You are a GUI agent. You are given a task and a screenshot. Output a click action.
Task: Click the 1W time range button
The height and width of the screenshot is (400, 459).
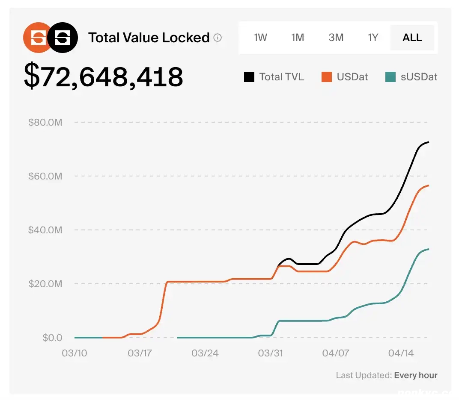click(x=260, y=38)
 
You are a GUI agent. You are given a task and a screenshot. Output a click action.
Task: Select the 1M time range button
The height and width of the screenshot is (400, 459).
click(x=298, y=38)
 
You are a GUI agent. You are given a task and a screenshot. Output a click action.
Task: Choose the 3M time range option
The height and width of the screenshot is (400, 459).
click(x=336, y=38)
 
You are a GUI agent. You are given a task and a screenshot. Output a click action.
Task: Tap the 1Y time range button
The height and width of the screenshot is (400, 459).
click(x=373, y=38)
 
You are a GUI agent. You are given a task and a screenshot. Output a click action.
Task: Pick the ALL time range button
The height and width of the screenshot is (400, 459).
click(x=412, y=38)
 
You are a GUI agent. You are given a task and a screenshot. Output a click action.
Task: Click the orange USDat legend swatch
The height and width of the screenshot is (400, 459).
click(x=327, y=77)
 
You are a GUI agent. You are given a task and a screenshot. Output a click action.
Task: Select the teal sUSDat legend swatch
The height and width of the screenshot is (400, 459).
click(x=390, y=77)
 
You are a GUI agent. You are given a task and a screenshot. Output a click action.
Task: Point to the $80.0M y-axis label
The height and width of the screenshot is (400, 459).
click(x=45, y=123)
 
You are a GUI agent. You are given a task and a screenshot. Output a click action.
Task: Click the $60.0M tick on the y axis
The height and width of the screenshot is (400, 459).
click(x=45, y=176)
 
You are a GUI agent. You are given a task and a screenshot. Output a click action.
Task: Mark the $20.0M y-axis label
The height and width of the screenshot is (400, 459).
click(x=45, y=284)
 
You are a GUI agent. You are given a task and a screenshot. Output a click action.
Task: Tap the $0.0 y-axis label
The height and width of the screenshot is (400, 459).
click(x=52, y=338)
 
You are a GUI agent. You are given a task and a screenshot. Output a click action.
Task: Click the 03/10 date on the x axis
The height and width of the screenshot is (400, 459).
click(x=75, y=353)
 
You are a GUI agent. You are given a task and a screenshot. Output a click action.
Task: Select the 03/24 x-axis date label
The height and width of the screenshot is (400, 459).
click(x=205, y=353)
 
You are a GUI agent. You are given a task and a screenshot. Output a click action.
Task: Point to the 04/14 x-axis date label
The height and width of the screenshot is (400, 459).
click(x=401, y=353)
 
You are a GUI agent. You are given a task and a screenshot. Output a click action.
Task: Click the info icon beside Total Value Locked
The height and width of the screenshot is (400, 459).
click(x=218, y=38)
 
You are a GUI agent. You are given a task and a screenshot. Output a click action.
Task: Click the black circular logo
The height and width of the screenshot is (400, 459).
click(x=63, y=38)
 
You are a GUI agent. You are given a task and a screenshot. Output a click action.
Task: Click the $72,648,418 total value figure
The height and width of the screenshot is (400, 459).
click(x=104, y=77)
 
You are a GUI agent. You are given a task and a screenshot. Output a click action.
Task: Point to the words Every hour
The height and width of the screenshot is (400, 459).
click(x=416, y=376)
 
